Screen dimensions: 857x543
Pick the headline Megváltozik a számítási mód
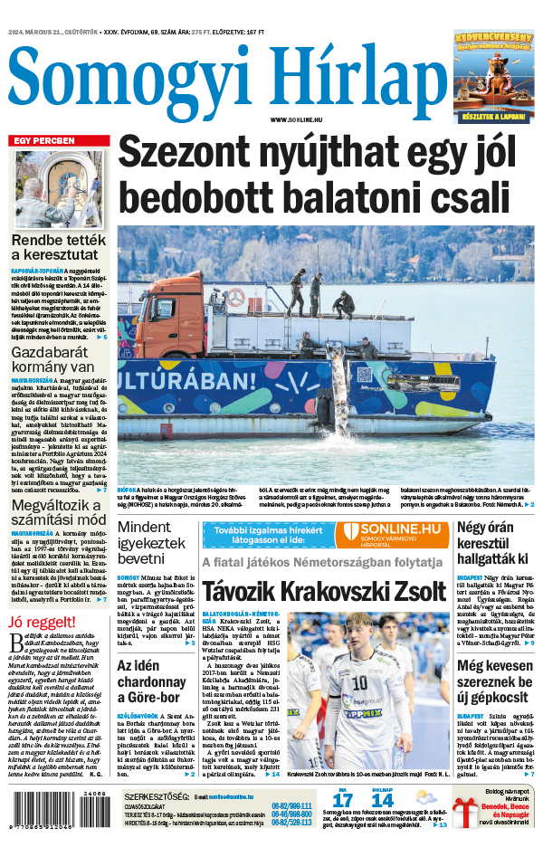click(x=59, y=511)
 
